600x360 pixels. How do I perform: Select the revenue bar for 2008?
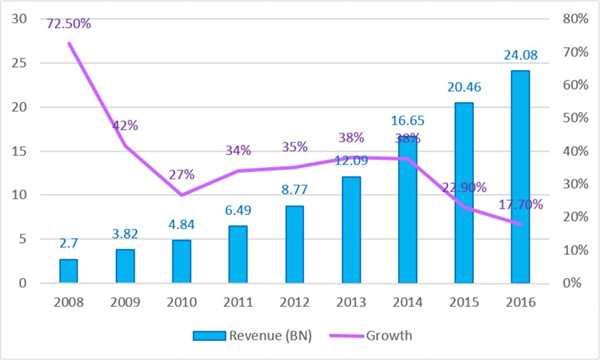point(68,271)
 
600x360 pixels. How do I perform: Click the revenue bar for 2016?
point(520,177)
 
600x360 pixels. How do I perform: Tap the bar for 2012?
point(295,244)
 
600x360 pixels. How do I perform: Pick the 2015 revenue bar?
point(464,193)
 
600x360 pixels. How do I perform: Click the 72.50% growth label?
point(69,24)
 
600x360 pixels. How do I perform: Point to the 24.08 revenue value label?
point(520,55)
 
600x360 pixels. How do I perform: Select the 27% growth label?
point(182,175)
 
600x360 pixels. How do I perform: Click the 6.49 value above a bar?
point(238,210)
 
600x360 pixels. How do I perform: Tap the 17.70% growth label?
point(520,205)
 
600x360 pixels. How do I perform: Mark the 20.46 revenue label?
point(464,87)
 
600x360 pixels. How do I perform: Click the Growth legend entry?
point(371,336)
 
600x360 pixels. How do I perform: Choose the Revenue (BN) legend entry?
point(253,336)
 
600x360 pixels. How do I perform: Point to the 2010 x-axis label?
point(182,302)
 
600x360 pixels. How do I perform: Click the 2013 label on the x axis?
point(351,302)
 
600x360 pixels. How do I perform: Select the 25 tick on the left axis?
point(19,63)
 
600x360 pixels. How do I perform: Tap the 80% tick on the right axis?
point(575,18)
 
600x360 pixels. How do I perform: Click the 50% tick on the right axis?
point(575,117)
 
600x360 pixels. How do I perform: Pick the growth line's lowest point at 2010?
point(182,195)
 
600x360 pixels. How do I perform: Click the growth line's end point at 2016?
point(520,225)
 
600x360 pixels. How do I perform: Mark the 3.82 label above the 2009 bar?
point(125,234)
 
